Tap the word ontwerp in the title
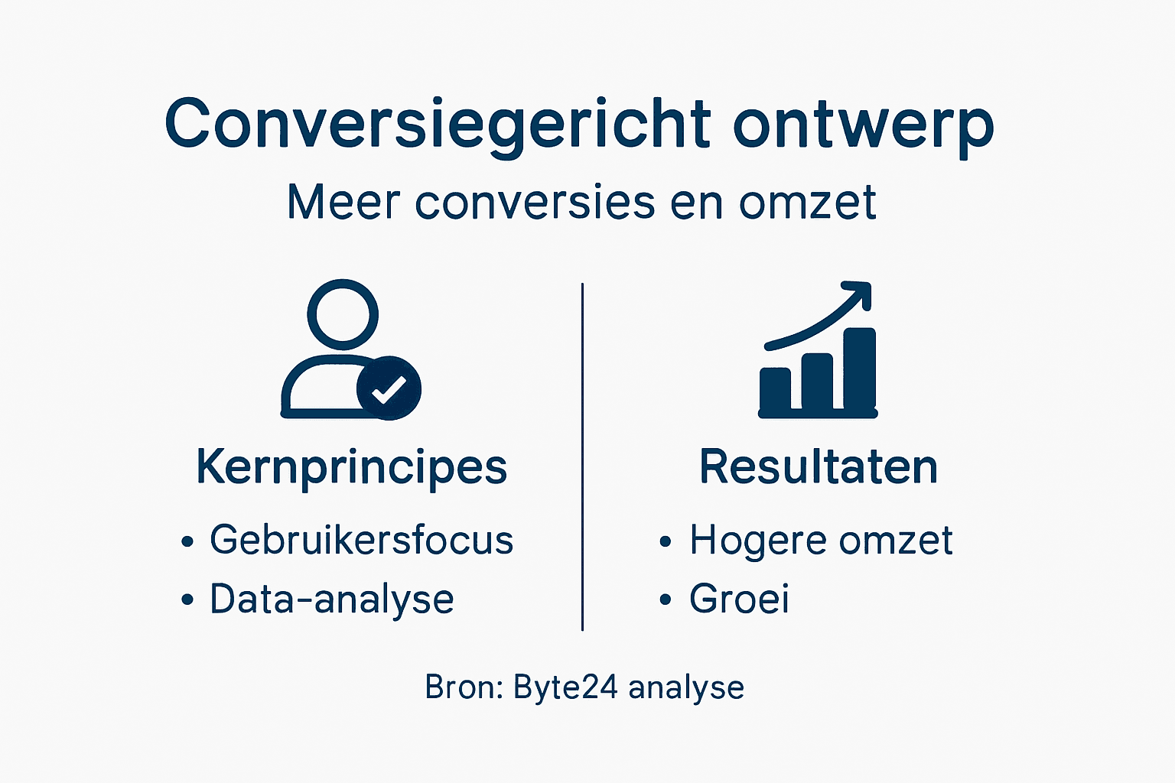click(864, 124)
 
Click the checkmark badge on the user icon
click(389, 388)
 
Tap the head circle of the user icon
click(343, 314)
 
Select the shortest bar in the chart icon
click(775, 390)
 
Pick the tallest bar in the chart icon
click(859, 370)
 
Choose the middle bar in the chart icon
click(817, 382)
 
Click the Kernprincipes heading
click(352, 466)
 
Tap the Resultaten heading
click(819, 466)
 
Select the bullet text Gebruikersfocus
click(361, 540)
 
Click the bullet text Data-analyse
click(332, 599)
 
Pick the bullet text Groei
click(739, 599)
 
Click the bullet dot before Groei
click(666, 599)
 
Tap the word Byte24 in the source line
click(565, 687)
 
